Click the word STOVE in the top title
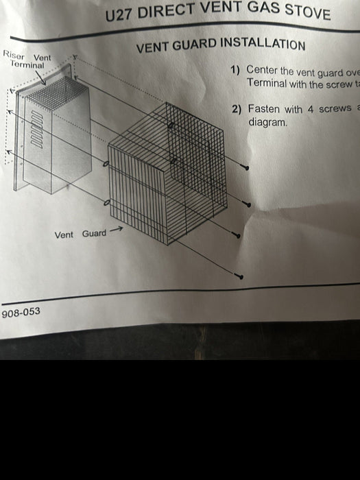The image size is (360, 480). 307,12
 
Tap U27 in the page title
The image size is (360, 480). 119,15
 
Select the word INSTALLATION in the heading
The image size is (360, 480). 263,44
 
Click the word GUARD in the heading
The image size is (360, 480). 194,45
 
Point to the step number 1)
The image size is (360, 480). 235,70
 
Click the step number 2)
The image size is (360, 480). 237,109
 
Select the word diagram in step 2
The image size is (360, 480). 267,122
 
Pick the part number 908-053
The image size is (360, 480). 21,312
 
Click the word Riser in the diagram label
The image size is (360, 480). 14,55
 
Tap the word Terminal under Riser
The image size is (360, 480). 27,64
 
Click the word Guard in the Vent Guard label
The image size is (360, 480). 94,234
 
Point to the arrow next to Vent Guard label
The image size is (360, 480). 117,229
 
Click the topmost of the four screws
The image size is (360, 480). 245,167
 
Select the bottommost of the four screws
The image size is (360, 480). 239,276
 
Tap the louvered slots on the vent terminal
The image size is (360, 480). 37,130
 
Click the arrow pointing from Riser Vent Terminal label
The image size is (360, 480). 40,77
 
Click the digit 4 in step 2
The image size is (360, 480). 310,109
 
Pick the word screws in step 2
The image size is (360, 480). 335,108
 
